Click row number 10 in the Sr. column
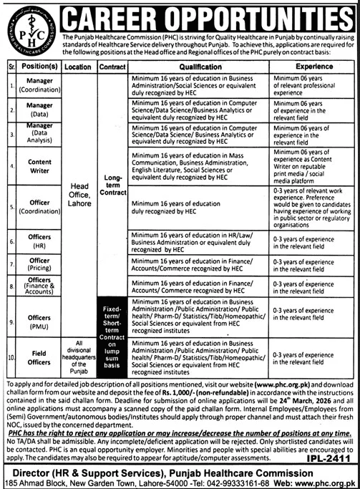pos(10,356)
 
